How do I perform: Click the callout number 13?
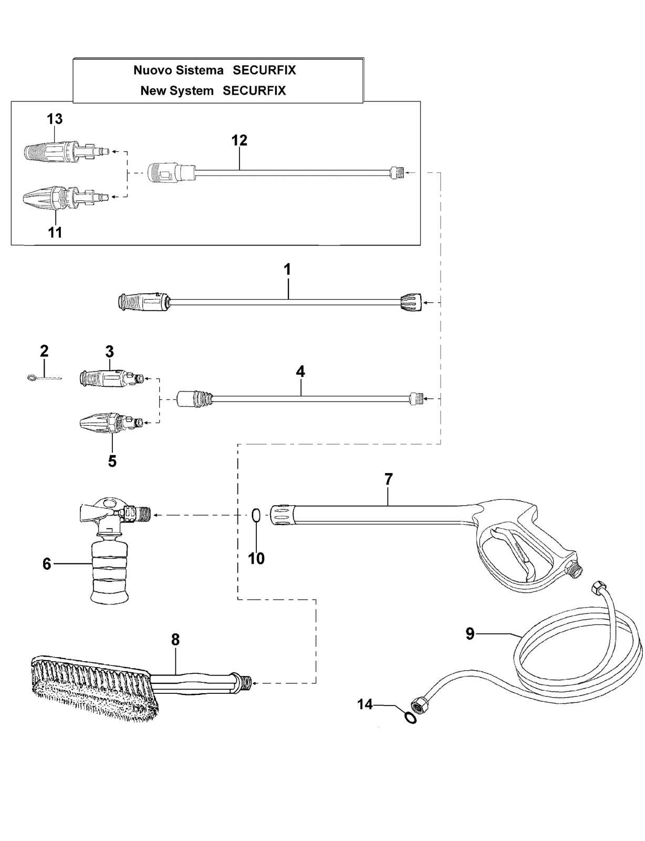coord(55,119)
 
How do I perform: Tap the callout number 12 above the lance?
coord(240,140)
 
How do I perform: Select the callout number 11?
coord(55,233)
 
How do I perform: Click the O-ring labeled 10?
coord(256,515)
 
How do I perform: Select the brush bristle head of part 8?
coord(95,689)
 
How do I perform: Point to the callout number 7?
coord(389,479)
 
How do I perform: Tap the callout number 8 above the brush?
coord(175,640)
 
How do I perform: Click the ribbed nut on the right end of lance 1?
coord(411,302)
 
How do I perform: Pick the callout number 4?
coord(300,372)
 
